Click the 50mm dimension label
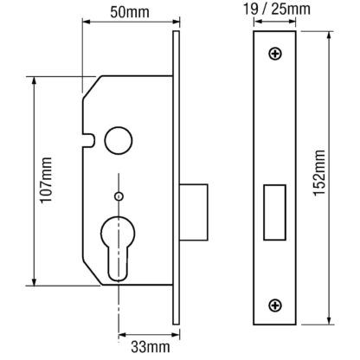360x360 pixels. [x=130, y=12]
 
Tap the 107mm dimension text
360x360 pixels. [x=46, y=180]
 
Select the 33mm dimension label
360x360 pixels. [x=151, y=347]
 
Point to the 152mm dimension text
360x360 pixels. [x=319, y=173]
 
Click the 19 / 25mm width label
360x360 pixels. [x=277, y=9]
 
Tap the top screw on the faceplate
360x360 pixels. [x=275, y=54]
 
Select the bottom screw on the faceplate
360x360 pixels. [x=275, y=305]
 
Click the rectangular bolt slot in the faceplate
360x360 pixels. [x=274, y=212]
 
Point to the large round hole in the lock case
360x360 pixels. [x=119, y=140]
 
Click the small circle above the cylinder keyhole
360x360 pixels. [x=119, y=196]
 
